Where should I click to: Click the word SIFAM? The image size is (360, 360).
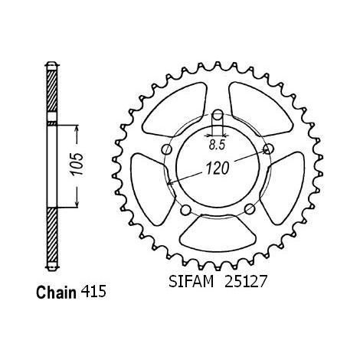[191, 282]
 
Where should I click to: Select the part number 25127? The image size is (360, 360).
[246, 282]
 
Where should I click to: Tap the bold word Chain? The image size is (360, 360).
[56, 293]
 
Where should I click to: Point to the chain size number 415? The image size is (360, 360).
[93, 291]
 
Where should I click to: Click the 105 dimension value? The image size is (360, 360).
[77, 164]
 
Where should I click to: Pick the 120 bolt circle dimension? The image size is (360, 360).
[218, 169]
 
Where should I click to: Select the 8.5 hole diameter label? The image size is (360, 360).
[217, 146]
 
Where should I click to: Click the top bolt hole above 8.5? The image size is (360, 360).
[218, 115]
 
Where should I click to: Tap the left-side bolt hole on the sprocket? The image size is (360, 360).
[167, 149]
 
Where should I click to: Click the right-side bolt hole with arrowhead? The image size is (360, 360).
[269, 149]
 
